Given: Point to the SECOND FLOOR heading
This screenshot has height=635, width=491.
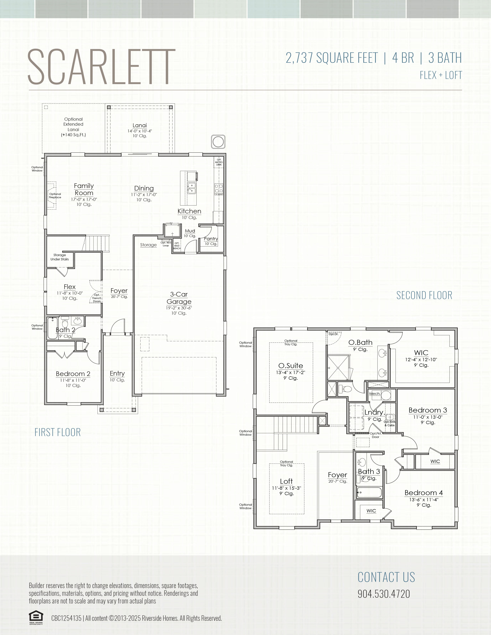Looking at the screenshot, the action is tap(424, 295).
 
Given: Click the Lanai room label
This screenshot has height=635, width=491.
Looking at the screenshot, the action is tap(140, 125).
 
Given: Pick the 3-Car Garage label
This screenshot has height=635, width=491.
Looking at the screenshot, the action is tap(179, 298).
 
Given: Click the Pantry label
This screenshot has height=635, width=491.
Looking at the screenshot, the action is tap(211, 239).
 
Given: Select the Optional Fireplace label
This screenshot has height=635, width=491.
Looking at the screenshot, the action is tap(55, 196).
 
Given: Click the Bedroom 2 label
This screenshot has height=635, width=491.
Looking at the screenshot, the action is tap(73, 374).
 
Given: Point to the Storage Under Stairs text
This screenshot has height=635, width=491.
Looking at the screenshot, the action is tap(60, 257).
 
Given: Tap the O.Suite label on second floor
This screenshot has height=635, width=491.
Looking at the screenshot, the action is tap(291, 366).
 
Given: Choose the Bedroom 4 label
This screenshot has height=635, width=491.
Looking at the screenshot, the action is tap(424, 493).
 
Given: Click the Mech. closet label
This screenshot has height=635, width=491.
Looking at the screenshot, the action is tap(375, 394).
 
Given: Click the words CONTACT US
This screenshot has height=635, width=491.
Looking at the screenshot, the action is tap(386, 577).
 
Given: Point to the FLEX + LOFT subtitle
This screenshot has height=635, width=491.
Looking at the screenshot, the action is tap(441, 75).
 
